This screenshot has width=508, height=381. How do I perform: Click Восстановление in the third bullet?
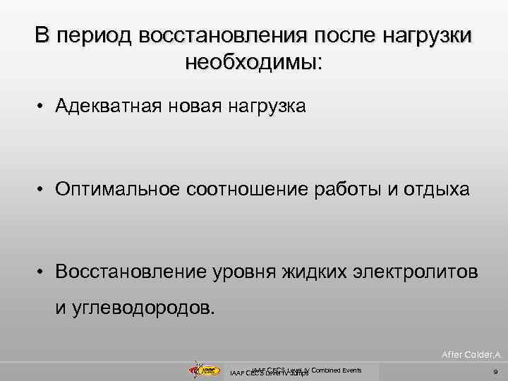pyautogui.click(x=132, y=272)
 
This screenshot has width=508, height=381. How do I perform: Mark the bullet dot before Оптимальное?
pyautogui.click(x=43, y=190)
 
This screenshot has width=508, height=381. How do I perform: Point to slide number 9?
pyautogui.click(x=495, y=371)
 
